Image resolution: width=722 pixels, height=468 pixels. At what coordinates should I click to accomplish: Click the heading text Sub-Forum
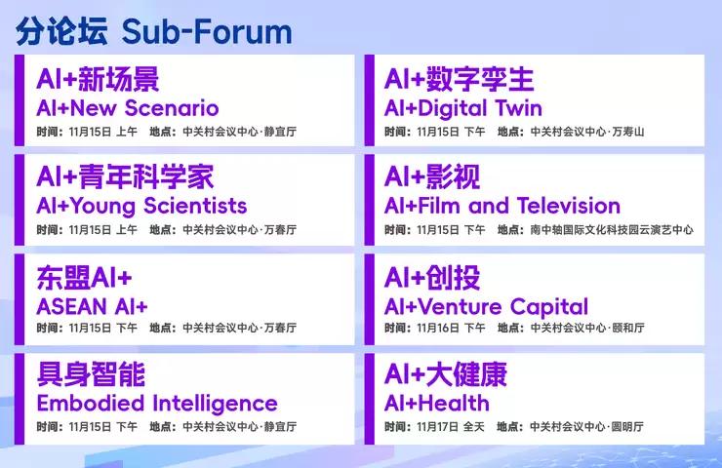pos(207,31)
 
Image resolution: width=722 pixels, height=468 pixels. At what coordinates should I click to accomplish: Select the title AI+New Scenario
pos(128,107)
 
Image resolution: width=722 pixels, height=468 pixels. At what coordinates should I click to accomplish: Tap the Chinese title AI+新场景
pos(98,80)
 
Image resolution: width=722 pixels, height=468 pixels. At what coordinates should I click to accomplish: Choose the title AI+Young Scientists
pos(141,206)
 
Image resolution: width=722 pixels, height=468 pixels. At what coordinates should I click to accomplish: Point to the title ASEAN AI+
pos(92,305)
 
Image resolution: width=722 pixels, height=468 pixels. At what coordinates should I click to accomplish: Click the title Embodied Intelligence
pos(157,403)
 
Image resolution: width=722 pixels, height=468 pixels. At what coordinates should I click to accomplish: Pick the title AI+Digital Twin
pos(462,107)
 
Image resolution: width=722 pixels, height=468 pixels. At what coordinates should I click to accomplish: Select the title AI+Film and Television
pos(501,206)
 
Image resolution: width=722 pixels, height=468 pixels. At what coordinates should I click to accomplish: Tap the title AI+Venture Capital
pos(486,306)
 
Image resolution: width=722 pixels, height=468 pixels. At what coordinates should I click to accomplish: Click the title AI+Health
pos(436,403)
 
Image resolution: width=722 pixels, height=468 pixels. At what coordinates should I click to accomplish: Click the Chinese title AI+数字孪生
pos(459,80)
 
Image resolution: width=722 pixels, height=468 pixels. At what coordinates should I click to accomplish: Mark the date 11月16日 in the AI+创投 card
pos(436,329)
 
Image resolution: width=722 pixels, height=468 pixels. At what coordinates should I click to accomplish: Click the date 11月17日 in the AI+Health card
pos(436,427)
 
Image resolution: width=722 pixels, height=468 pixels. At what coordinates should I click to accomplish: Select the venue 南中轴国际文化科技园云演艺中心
pos(612,230)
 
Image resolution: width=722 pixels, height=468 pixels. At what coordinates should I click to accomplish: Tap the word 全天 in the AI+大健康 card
pos(474,427)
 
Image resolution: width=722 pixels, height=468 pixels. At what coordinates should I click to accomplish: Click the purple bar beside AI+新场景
pos(20,100)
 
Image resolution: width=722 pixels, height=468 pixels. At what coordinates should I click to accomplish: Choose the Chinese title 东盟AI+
pos(84,277)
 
